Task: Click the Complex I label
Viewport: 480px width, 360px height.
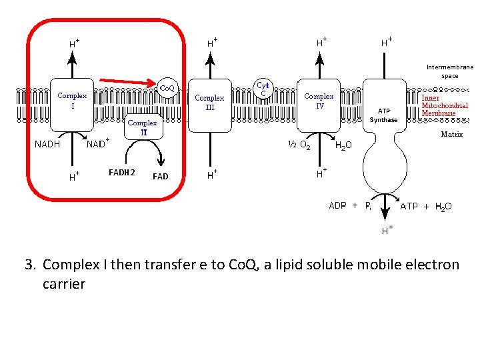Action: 72,101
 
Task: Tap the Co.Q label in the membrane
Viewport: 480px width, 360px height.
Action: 167,88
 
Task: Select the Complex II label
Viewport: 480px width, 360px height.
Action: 142,127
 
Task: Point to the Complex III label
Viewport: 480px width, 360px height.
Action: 209,102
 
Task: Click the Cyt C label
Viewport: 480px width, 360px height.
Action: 263,89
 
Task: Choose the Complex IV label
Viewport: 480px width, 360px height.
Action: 319,101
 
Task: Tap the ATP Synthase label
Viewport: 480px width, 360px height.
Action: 383,115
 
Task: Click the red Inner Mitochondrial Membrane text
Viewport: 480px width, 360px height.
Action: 444,105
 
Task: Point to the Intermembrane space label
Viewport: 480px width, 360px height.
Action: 449,71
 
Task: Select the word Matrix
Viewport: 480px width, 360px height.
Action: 451,134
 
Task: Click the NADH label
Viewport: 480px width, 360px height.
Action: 48,145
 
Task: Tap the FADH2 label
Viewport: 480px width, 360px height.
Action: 121,173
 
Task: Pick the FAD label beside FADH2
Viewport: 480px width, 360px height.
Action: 160,177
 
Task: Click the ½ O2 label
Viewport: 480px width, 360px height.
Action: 298,145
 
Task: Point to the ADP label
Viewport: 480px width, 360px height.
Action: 337,206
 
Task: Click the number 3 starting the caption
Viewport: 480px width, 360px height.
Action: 29,265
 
